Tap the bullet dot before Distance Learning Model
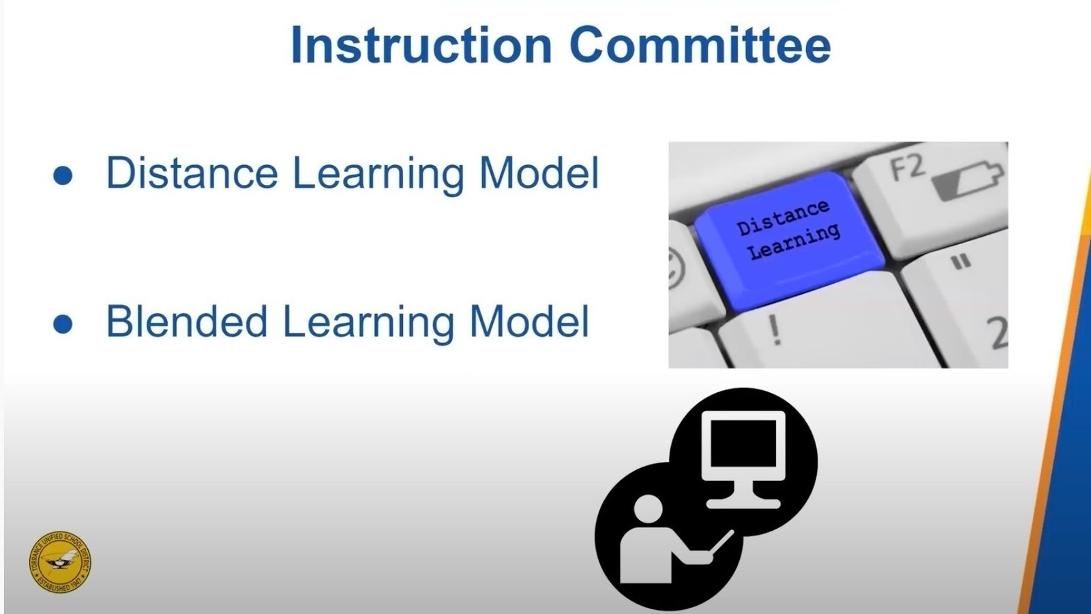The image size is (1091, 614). point(63,175)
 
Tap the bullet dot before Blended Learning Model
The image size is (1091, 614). point(63,324)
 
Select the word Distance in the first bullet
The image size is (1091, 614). point(192,173)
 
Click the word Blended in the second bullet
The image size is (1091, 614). point(186,321)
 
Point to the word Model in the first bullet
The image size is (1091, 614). point(539,173)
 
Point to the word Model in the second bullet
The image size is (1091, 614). point(529,321)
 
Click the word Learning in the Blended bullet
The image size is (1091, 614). point(368,323)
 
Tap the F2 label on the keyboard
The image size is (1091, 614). point(908,168)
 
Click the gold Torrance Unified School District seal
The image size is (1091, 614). point(60,562)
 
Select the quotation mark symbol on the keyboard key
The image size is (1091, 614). point(961,262)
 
